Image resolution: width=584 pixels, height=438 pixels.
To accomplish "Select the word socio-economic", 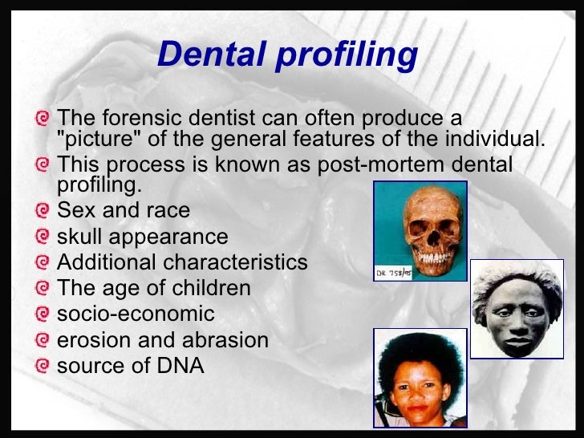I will click(136, 314).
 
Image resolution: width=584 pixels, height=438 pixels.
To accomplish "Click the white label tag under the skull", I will click(394, 274).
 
